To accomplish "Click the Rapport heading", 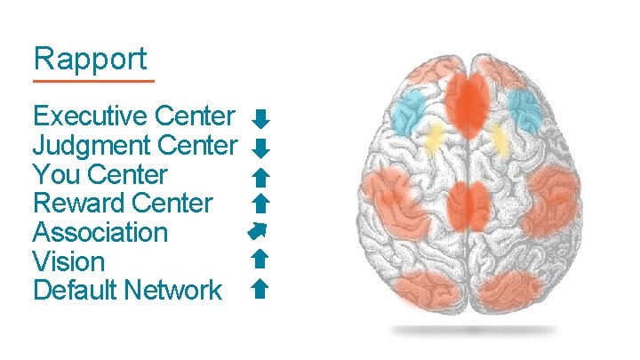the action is coord(90,60).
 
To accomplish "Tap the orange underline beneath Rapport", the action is coord(92,81).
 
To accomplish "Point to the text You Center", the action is coord(100,174).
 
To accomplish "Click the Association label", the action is coord(100,233).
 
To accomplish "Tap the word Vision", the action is coord(68,262).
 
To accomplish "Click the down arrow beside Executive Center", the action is coord(260,118).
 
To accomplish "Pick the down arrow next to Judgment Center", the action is coord(260,147).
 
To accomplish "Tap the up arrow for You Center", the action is coord(260,175).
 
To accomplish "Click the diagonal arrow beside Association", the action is coord(259,232).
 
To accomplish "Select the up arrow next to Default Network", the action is coord(260,288).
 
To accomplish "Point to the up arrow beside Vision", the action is coord(260,259).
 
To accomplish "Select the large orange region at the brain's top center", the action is coord(470,100).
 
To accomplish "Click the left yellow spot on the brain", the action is coord(434,139).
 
